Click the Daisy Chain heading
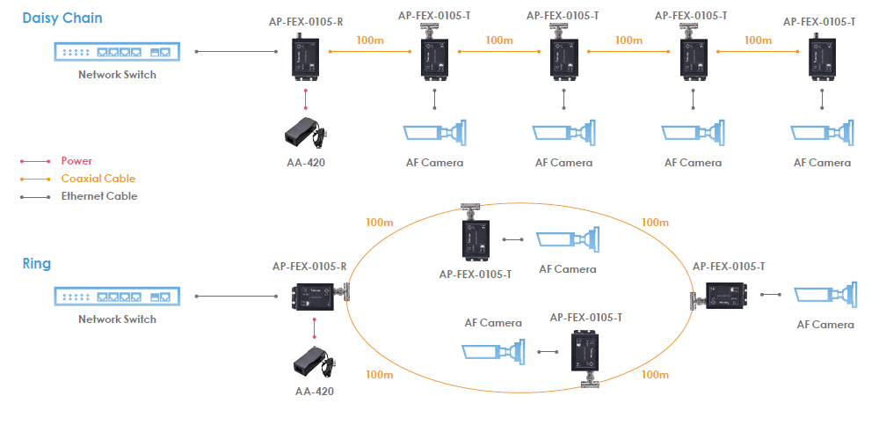62,18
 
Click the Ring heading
37,263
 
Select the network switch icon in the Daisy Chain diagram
117,52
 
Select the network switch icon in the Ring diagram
117,297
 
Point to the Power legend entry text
76,161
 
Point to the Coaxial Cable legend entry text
98,179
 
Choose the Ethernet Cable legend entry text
99,196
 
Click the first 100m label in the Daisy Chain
370,40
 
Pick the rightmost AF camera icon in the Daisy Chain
823,133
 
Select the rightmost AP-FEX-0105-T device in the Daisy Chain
821,57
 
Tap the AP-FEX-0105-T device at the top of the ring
475,236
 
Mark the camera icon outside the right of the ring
824,296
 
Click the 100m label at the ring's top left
380,223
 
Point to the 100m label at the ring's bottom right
655,375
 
